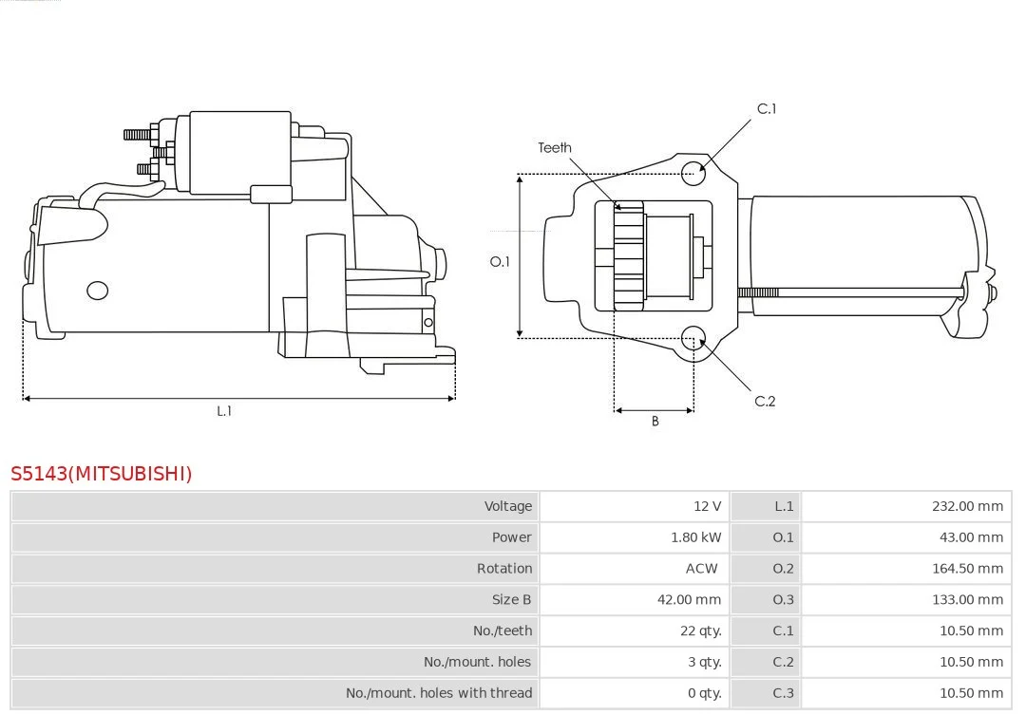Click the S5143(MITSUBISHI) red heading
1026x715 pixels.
click(x=102, y=474)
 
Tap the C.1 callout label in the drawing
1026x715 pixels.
click(x=767, y=109)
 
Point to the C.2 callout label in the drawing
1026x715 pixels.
click(x=765, y=401)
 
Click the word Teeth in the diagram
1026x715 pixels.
click(x=554, y=148)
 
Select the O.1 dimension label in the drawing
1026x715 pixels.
click(x=500, y=262)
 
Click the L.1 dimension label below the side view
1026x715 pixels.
click(x=224, y=411)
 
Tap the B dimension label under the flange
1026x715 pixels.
click(x=655, y=422)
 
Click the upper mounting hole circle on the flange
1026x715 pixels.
click(x=693, y=173)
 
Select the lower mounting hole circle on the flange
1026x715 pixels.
click(x=693, y=338)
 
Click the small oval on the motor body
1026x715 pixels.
click(x=98, y=291)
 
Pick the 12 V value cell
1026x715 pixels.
click(x=708, y=506)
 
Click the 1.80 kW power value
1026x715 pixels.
click(x=695, y=537)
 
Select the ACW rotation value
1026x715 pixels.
click(x=701, y=569)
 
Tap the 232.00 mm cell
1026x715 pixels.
click(x=967, y=506)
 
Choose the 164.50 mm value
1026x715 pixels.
click(x=967, y=569)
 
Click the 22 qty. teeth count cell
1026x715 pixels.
click(x=701, y=631)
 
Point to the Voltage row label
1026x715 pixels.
click(x=507, y=506)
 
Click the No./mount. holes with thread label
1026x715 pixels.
click(x=438, y=693)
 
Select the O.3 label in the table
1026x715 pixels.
click(x=783, y=600)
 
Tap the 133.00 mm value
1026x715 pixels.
click(x=967, y=600)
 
